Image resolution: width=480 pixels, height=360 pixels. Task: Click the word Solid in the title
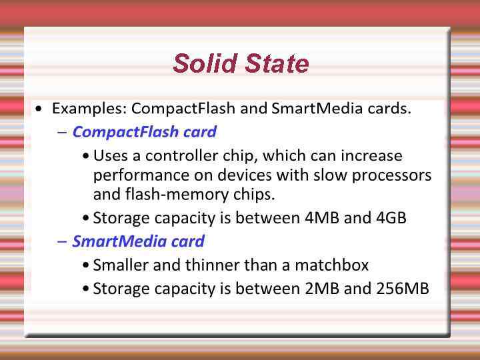[201, 63]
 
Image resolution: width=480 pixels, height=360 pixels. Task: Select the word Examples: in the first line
[89, 108]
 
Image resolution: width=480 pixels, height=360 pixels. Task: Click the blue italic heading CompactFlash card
[144, 131]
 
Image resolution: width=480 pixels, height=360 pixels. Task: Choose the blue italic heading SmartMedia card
[138, 241]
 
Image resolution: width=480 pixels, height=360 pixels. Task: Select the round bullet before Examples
[41, 109]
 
